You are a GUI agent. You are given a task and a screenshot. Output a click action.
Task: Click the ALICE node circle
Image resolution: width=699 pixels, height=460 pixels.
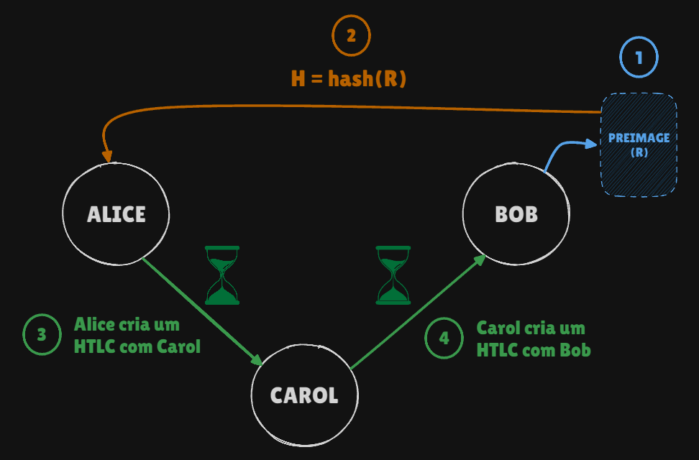(116, 213)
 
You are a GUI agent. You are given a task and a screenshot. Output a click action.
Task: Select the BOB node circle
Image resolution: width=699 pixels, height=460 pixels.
(516, 214)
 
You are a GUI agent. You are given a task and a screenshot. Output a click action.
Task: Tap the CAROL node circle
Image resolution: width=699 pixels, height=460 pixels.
(304, 395)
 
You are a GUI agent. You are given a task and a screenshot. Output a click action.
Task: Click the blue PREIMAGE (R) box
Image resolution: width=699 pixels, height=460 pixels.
(639, 144)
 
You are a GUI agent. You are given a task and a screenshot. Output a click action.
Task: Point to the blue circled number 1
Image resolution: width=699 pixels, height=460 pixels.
(639, 57)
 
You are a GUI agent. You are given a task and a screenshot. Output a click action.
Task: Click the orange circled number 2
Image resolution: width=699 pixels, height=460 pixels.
(351, 36)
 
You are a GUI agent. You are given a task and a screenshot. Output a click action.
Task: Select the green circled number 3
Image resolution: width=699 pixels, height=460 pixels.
(42, 335)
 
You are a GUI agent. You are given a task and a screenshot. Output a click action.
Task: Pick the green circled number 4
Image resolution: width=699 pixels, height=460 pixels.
(444, 339)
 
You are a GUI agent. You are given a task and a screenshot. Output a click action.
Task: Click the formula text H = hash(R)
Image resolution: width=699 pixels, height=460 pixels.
(349, 78)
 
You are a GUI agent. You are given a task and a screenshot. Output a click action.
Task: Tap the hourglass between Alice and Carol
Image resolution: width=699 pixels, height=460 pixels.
(222, 275)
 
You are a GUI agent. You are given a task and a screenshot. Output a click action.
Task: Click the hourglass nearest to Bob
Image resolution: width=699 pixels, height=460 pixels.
(393, 275)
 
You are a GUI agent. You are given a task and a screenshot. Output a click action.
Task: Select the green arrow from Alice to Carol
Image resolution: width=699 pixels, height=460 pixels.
(201, 310)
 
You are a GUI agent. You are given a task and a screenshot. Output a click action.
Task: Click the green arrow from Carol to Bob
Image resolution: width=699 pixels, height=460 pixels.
(417, 313)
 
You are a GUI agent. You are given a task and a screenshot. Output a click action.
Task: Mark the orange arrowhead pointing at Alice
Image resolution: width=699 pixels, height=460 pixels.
(108, 155)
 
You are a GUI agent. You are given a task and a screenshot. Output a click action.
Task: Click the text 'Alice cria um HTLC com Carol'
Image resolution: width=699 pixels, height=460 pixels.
(137, 336)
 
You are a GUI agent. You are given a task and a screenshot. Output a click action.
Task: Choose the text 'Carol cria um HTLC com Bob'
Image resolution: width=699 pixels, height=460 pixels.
(533, 339)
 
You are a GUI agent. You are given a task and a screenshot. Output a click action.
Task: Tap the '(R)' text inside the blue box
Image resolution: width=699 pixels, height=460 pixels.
(639, 152)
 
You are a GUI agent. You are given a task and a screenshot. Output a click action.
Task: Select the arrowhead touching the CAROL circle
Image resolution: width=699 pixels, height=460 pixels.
(258, 360)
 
